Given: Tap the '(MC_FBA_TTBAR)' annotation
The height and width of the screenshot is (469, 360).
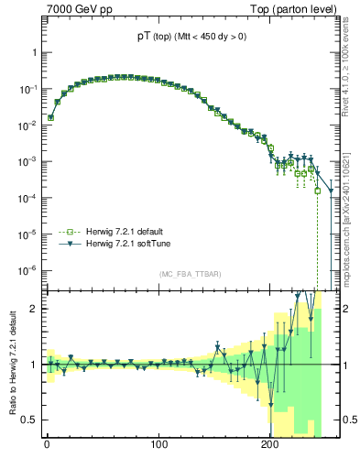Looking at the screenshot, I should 190,275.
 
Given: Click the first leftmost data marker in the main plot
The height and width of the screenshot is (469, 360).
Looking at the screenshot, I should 51,117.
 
